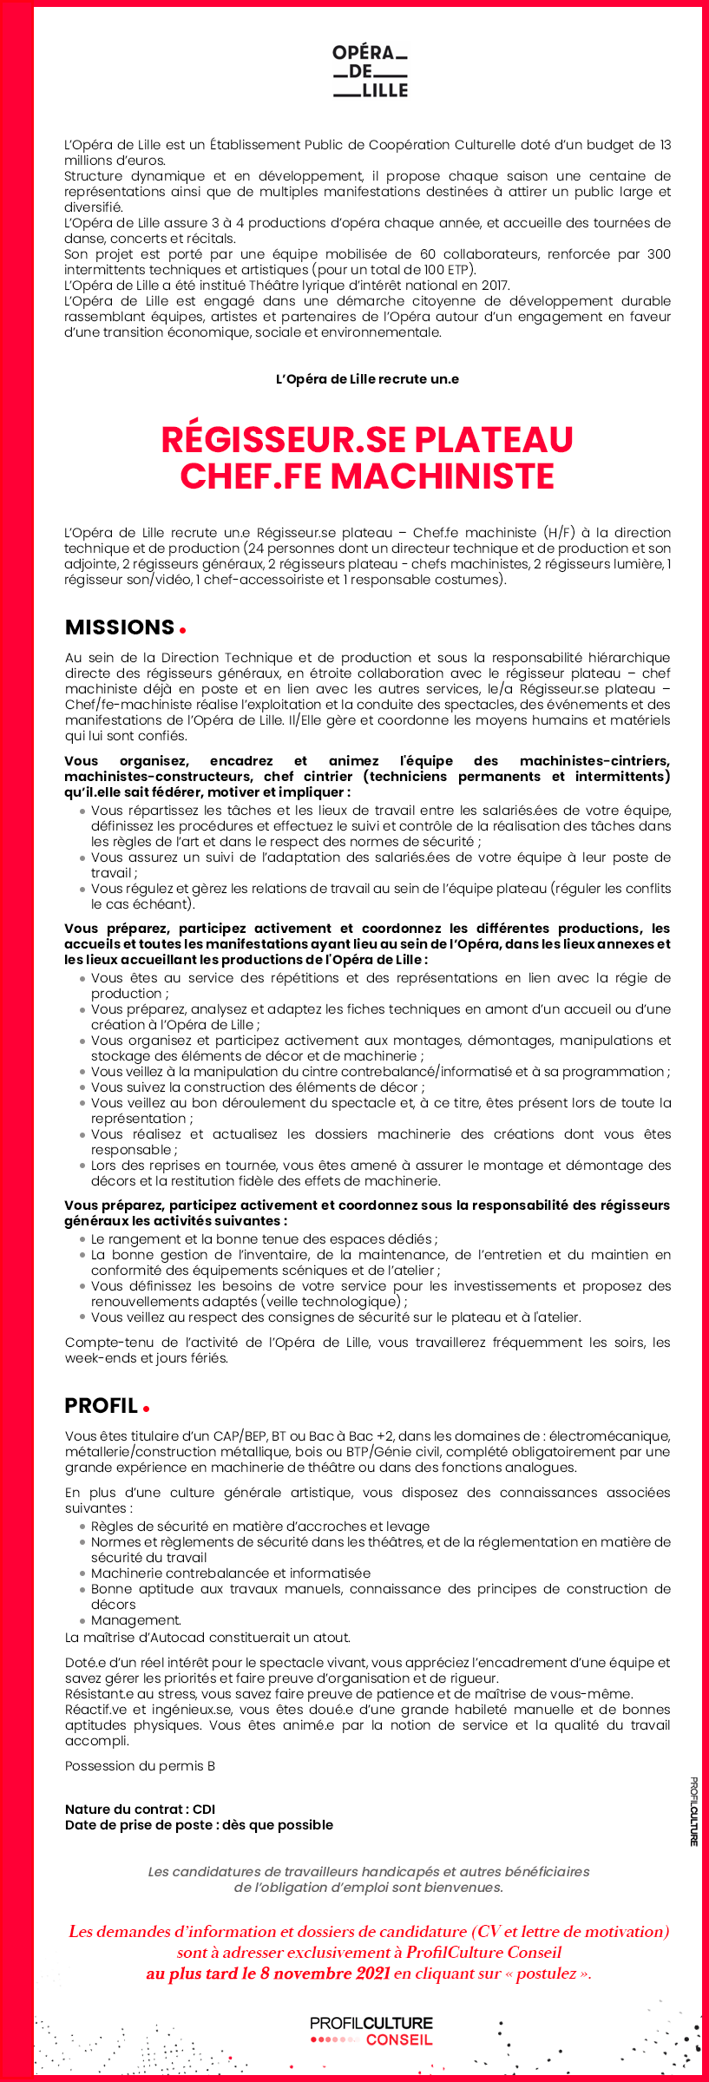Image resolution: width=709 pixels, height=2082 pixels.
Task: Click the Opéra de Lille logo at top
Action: (x=370, y=71)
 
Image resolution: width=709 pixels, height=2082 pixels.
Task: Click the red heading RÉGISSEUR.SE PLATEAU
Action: (x=367, y=440)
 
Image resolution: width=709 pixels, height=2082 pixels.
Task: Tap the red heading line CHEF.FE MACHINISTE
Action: (x=367, y=476)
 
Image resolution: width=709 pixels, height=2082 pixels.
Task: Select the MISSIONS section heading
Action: (x=120, y=627)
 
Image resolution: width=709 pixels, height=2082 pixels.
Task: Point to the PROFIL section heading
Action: (x=102, y=1406)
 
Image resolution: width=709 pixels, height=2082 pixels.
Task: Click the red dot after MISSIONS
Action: (x=182, y=630)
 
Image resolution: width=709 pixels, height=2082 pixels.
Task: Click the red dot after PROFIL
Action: (x=147, y=1409)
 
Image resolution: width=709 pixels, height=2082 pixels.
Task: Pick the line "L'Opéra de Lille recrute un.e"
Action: (x=367, y=379)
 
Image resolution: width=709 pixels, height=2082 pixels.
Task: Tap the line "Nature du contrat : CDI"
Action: (x=140, y=1809)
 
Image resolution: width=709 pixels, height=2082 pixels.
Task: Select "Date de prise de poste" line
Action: (x=199, y=1825)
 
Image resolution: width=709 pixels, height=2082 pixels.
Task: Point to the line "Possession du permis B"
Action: (x=140, y=1766)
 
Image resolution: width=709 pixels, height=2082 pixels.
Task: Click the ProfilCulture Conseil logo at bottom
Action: (x=371, y=2032)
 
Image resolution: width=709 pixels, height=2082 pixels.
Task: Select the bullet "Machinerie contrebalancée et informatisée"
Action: (x=230, y=1573)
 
